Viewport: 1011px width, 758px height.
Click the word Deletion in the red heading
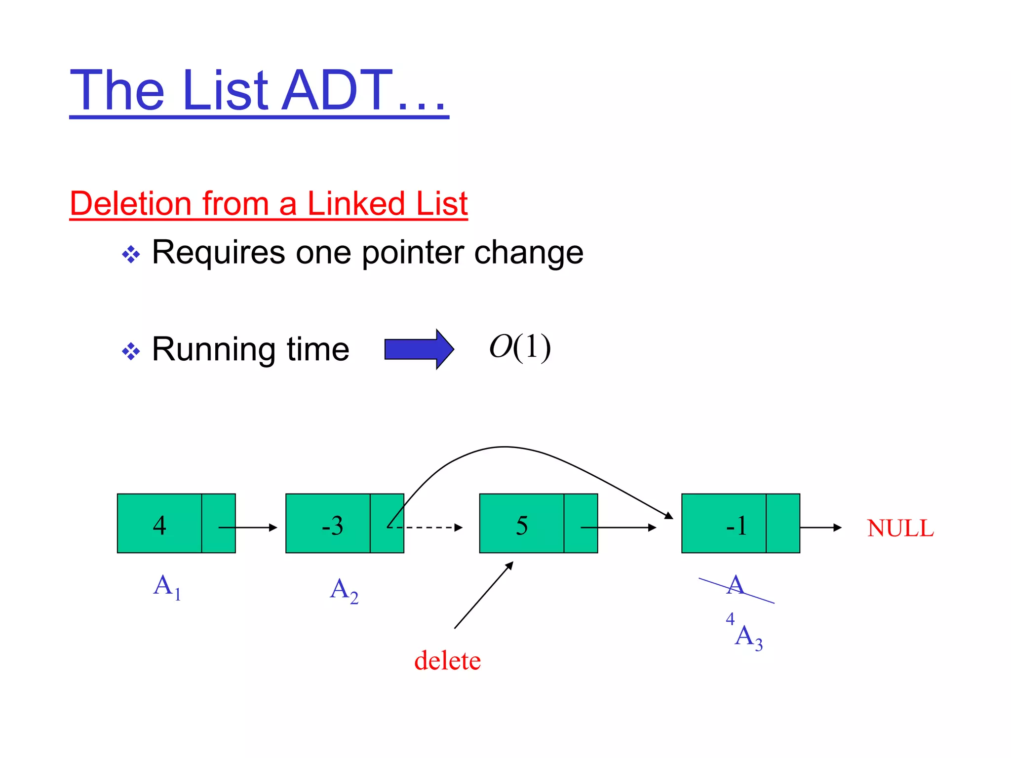point(130,203)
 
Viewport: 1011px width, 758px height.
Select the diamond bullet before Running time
point(131,352)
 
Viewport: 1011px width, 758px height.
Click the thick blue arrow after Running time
point(419,349)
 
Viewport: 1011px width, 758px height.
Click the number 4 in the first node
point(159,525)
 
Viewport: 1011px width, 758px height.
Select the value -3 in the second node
point(332,526)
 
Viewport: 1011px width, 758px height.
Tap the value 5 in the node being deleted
point(522,526)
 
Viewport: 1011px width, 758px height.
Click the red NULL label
point(900,528)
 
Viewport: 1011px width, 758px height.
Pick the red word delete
point(447,661)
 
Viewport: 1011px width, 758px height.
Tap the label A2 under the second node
point(344,590)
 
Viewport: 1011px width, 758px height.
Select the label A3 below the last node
point(748,637)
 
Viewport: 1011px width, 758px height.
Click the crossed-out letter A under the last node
point(735,586)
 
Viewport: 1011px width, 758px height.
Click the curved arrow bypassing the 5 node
point(504,447)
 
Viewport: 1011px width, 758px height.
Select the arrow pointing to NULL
point(820,528)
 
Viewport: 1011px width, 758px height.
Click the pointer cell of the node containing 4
point(218,523)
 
